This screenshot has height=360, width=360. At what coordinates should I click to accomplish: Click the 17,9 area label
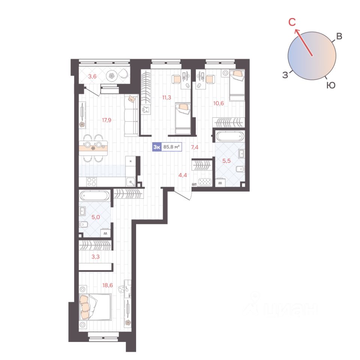[106, 120]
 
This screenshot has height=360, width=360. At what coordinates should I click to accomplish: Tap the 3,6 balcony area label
[92, 76]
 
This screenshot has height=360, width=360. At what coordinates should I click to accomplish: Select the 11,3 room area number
[166, 97]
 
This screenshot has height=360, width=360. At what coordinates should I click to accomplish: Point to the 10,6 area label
[218, 103]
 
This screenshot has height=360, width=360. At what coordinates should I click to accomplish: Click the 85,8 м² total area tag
[171, 147]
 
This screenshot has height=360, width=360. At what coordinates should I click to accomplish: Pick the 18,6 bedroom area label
[108, 285]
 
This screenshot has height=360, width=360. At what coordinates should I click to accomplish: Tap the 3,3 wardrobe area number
[96, 256]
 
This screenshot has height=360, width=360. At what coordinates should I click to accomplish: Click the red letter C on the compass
[292, 22]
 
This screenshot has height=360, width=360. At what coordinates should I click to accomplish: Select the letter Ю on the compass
[331, 85]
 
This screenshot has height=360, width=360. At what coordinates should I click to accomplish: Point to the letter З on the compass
[285, 75]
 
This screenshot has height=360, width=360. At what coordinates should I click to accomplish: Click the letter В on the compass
[339, 36]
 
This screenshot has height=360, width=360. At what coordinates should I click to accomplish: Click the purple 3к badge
[157, 147]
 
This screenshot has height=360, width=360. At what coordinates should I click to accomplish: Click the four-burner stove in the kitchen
[91, 181]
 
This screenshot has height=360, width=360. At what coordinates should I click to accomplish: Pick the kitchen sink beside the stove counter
[131, 182]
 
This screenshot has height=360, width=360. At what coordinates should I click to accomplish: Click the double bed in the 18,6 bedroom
[95, 307]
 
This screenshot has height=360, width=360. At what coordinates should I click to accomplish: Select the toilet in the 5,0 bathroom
[83, 225]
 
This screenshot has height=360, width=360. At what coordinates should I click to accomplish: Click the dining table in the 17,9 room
[93, 148]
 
